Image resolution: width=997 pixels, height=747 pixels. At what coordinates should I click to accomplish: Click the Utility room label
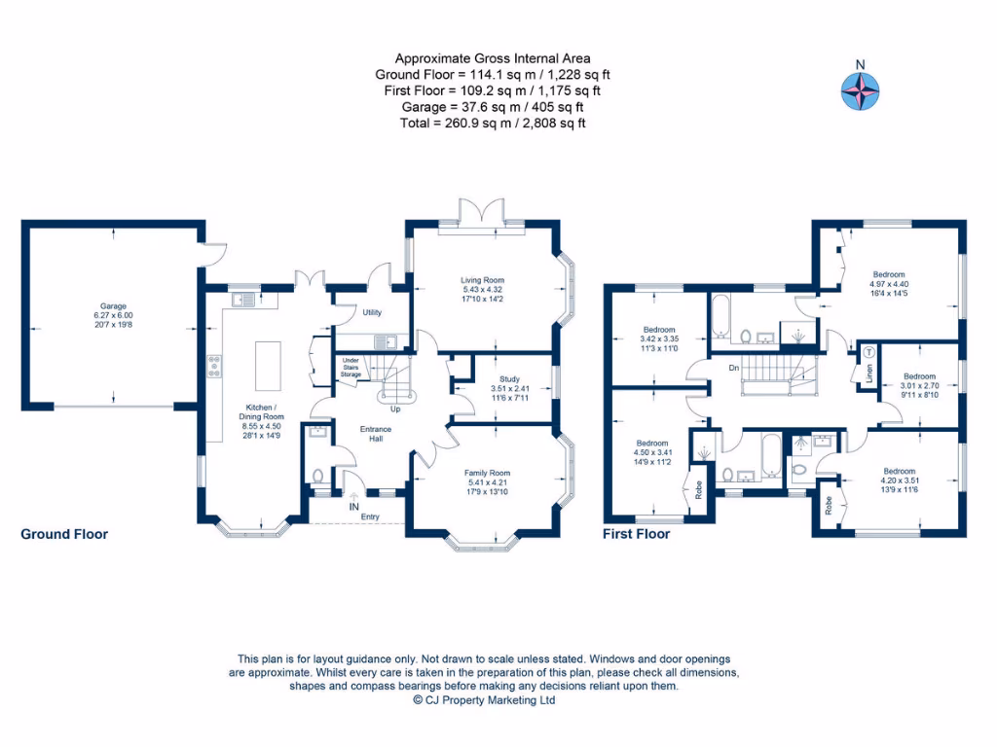pyautogui.click(x=372, y=312)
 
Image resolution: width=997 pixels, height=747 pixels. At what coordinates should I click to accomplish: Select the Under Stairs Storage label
pyautogui.click(x=351, y=368)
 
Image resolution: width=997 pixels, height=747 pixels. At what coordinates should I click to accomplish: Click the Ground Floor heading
pyautogui.click(x=64, y=534)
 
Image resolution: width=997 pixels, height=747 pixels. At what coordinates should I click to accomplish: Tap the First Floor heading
pyautogui.click(x=636, y=534)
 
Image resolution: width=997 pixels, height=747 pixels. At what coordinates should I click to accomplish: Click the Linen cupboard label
pyautogui.click(x=869, y=374)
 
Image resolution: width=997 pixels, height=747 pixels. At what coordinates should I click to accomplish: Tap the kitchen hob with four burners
pyautogui.click(x=213, y=366)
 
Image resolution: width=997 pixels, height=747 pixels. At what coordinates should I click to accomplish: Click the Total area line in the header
pyautogui.click(x=493, y=124)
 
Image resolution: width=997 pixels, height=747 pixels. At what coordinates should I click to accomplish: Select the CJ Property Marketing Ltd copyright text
pyautogui.click(x=484, y=699)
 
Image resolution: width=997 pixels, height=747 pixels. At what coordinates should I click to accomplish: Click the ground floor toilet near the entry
pyautogui.click(x=318, y=477)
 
